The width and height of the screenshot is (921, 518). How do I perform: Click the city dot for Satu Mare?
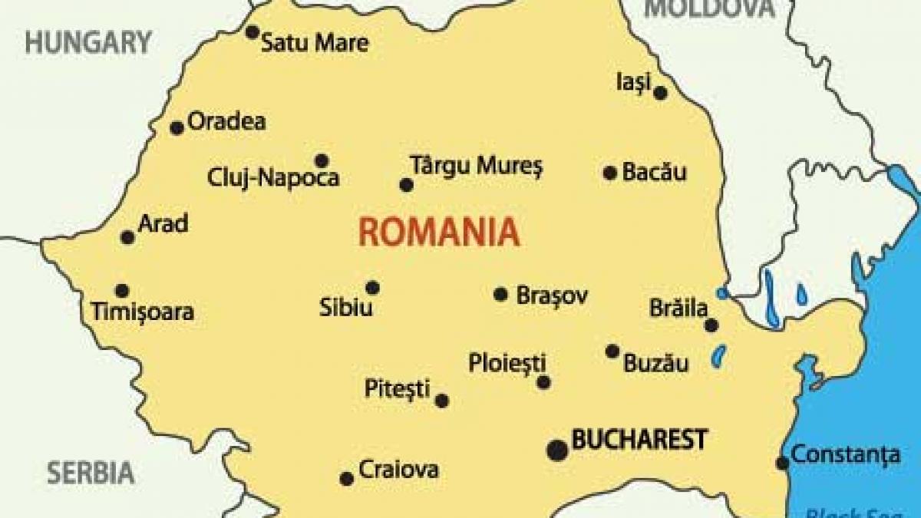click(x=252, y=32)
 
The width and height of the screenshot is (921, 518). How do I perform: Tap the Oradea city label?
click(x=226, y=121)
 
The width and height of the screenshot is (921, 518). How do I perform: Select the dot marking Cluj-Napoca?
click(x=322, y=160)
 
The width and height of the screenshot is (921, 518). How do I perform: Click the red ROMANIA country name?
click(x=438, y=231)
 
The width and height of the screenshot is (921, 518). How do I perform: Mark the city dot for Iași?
click(x=661, y=93)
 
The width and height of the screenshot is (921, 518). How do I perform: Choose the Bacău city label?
click(x=654, y=172)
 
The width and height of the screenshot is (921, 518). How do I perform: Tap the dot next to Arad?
click(x=128, y=238)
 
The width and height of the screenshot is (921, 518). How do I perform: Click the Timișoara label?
click(x=142, y=312)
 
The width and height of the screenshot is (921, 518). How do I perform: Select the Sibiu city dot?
click(x=372, y=288)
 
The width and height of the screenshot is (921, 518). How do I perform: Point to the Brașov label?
click(x=552, y=295)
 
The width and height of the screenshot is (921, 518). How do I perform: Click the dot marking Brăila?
click(x=711, y=325)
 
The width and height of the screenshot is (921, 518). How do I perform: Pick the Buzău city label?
click(x=655, y=364)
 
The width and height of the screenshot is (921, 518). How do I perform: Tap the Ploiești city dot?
click(x=543, y=382)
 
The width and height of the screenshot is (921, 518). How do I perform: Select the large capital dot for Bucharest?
click(x=558, y=450)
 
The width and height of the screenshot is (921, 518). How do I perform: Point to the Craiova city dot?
click(x=347, y=479)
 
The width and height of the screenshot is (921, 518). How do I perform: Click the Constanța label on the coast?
click(x=846, y=454)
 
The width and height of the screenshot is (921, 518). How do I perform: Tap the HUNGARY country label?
click(x=87, y=42)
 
